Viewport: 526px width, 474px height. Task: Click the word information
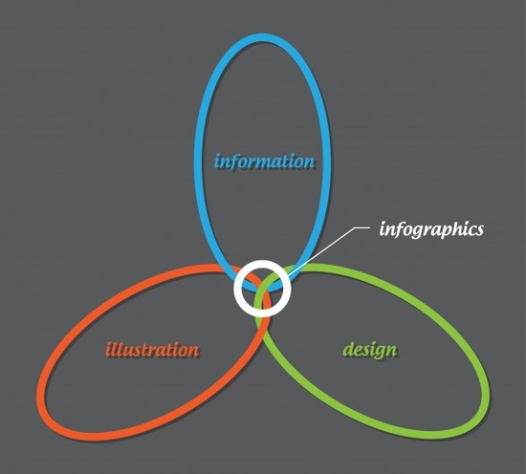pyautogui.click(x=264, y=160)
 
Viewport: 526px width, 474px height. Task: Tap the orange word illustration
pyautogui.click(x=153, y=349)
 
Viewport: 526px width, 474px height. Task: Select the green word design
pyautogui.click(x=369, y=349)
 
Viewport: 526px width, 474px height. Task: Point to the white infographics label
pyautogui.click(x=432, y=229)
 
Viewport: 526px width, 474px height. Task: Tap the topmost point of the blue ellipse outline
pyautogui.click(x=263, y=38)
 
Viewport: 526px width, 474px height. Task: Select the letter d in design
pyautogui.click(x=349, y=349)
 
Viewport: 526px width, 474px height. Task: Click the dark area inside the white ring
pyautogui.click(x=261, y=287)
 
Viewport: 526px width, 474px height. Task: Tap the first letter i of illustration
pyautogui.click(x=109, y=349)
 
